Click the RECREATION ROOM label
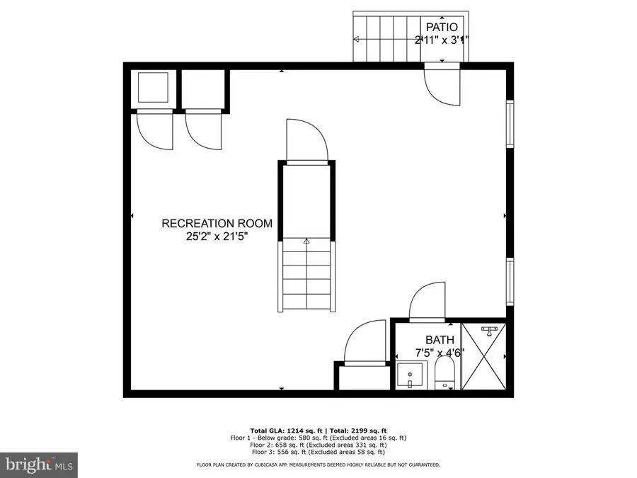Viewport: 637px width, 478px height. pyautogui.click(x=217, y=223)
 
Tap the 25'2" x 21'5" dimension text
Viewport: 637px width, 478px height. pyautogui.click(x=217, y=237)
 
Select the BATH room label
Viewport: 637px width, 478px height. pyautogui.click(x=440, y=340)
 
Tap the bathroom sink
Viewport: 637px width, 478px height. pyautogui.click(x=410, y=373)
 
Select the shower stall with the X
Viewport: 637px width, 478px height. pyautogui.click(x=483, y=355)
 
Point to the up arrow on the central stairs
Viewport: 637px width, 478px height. pyautogui.click(x=306, y=241)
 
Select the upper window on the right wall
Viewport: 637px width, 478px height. pyautogui.click(x=510, y=124)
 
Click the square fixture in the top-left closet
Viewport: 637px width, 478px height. pyautogui.click(x=155, y=88)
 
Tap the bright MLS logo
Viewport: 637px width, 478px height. pyautogui.click(x=39, y=465)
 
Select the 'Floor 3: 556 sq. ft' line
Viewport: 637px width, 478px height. pyautogui.click(x=318, y=452)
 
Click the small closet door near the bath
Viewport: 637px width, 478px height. pyautogui.click(x=365, y=343)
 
